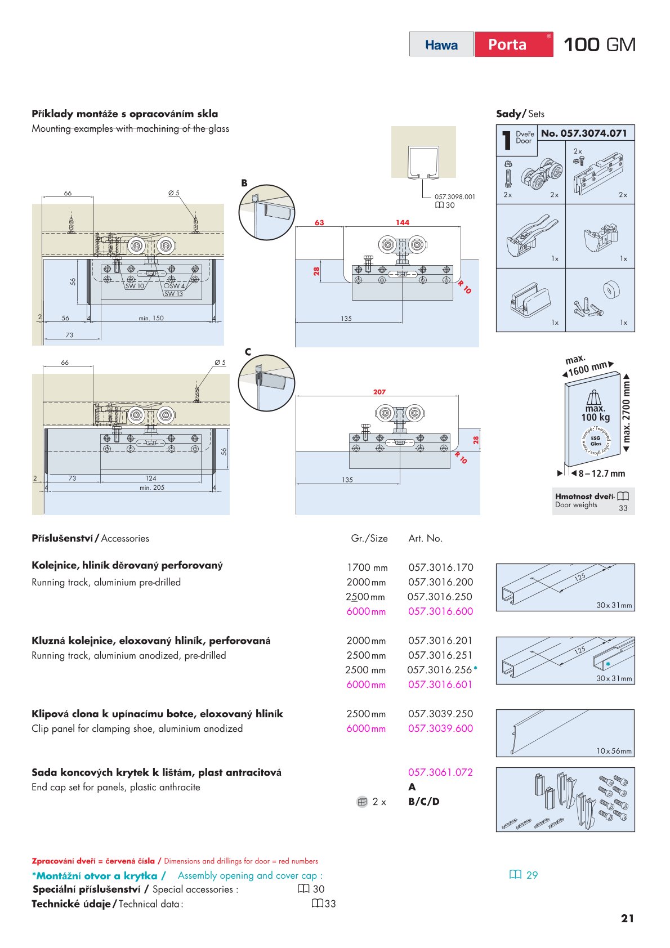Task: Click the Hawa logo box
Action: coord(441,44)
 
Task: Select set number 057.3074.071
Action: coord(584,133)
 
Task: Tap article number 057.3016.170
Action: coord(440,567)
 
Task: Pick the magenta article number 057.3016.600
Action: coord(440,611)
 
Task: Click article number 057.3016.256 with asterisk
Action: coord(442,670)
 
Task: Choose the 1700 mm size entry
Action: coord(367,567)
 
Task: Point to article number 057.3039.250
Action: coord(440,714)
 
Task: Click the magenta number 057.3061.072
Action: coord(440,772)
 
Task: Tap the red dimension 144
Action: coord(402,223)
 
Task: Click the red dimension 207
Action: coord(379,392)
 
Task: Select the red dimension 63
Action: coord(319,223)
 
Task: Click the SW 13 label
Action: coord(173,294)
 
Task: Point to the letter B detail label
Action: coord(244,183)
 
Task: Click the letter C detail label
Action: coord(248,352)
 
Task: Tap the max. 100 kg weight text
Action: coord(596,413)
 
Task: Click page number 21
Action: coord(627,918)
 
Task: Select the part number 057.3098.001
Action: coord(454,197)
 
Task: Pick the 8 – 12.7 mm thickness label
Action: coord(601,473)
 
